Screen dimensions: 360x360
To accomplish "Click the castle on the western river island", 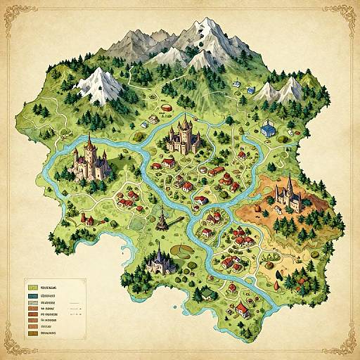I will [x=90, y=160].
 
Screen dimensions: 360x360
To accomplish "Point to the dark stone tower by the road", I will [x=162, y=219].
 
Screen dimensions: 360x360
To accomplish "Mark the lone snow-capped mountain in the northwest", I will [x=98, y=83].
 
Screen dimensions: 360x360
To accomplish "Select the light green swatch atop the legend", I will [x=32, y=288].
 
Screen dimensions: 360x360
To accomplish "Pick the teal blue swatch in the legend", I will [x=32, y=297].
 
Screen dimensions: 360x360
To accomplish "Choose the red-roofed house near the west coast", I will [x=89, y=220].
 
